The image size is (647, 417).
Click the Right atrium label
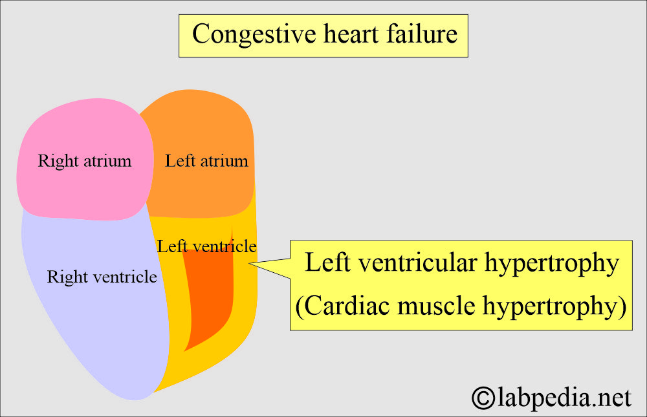pos(85,160)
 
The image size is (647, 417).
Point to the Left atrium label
pos(206,160)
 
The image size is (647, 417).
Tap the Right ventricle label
pos(102,277)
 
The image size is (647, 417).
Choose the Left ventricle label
pos(206,246)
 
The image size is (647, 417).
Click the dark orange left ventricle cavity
pos(208,297)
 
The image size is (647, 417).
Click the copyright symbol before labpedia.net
pos(482,397)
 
